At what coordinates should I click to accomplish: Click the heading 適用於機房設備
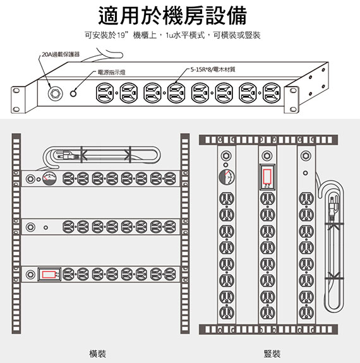tap(172, 16)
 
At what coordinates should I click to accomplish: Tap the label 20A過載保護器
tap(61, 54)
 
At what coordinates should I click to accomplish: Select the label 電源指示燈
tap(111, 73)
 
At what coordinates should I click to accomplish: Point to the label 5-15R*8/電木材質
tap(213, 69)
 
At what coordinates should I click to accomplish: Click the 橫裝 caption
tap(97, 354)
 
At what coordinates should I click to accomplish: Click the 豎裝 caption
tap(272, 354)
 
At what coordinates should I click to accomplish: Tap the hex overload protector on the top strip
tap(55, 94)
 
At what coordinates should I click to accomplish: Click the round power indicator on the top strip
tap(73, 93)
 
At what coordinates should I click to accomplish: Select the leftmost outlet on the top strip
tap(105, 93)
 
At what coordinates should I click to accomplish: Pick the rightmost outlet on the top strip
tap(272, 93)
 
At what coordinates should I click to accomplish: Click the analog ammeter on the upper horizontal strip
tap(49, 179)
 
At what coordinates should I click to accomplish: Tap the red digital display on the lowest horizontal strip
tap(49, 275)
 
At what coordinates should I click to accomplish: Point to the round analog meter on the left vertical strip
tap(227, 177)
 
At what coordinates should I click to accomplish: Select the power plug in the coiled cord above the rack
tap(66, 155)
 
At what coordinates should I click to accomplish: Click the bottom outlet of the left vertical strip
tap(227, 313)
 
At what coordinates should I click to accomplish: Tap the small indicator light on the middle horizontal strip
tap(46, 227)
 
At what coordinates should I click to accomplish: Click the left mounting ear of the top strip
tap(18, 100)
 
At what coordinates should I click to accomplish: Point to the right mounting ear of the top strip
tap(291, 100)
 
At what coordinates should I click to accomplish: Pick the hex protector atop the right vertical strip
tap(306, 155)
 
